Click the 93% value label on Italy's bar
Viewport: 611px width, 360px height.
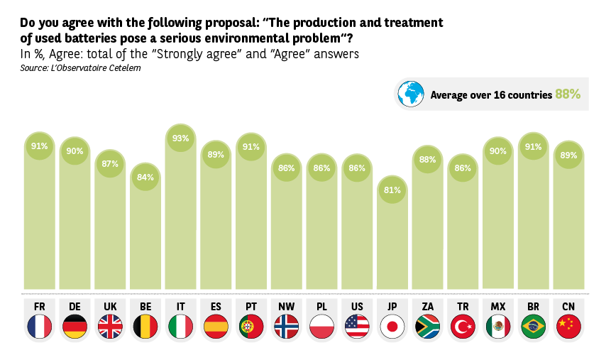[180, 138]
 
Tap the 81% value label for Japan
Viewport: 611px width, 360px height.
[392, 190]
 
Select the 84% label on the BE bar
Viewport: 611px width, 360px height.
[145, 177]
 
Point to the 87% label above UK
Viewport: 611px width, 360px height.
[110, 163]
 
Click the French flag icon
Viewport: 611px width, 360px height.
[39, 327]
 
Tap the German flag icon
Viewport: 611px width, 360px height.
[75, 327]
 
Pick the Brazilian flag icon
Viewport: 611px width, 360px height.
[533, 327]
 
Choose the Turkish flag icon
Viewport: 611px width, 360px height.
[463, 327]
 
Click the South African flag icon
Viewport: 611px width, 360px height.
[427, 327]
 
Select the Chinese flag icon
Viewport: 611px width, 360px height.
[568, 327]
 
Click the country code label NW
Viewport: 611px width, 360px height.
[286, 307]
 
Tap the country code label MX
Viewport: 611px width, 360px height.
[497, 307]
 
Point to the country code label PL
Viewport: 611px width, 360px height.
[321, 307]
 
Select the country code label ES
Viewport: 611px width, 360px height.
[216, 307]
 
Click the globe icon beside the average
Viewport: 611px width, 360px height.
[410, 94]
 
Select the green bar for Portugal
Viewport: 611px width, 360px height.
[251, 220]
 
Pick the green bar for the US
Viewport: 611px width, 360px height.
[356, 227]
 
